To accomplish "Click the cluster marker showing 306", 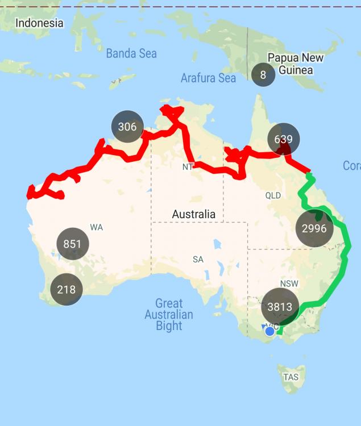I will pyautogui.click(x=127, y=127).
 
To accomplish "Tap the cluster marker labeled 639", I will pyautogui.click(x=283, y=139).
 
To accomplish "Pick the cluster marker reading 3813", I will pyautogui.click(x=280, y=307).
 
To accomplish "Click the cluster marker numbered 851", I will pyautogui.click(x=73, y=244).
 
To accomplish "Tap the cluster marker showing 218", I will pyautogui.click(x=66, y=290).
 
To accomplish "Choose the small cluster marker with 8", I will pyautogui.click(x=263, y=75).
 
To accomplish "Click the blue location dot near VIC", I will pyautogui.click(x=270, y=331).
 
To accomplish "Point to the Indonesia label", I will pyautogui.click(x=39, y=23).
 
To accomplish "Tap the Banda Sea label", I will pyautogui.click(x=131, y=53).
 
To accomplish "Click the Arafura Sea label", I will pyautogui.click(x=208, y=78).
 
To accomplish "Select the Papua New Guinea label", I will pyautogui.click(x=296, y=64).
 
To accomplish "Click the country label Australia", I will pyautogui.click(x=194, y=214).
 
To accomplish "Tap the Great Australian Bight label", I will pyautogui.click(x=169, y=314).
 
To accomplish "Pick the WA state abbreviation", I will pyautogui.click(x=96, y=227).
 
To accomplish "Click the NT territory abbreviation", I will pyautogui.click(x=188, y=167).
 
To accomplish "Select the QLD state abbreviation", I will pyautogui.click(x=273, y=195).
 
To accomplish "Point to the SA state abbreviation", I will pyautogui.click(x=198, y=260).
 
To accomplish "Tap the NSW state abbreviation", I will pyautogui.click(x=289, y=283).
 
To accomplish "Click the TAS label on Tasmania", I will pyautogui.click(x=291, y=377).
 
